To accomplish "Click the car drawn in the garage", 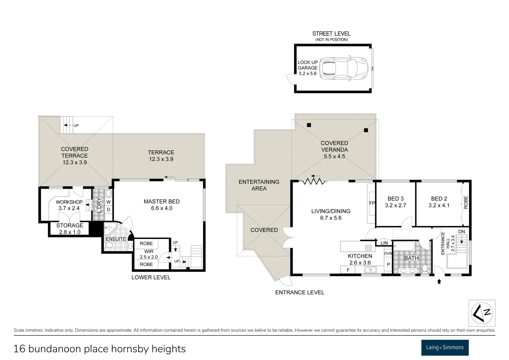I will point(344,69).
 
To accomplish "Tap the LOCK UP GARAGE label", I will point(308,68).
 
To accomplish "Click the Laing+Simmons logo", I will point(445,348).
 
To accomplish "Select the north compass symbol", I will point(482,313).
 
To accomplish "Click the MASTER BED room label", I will point(162,205).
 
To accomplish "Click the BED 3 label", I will point(395,202).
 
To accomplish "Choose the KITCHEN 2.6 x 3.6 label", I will point(360,259).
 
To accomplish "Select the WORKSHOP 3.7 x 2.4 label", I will point(69,205).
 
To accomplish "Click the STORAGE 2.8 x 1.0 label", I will point(69,229).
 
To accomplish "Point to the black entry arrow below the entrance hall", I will point(439,281).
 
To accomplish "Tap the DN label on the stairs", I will point(462,232).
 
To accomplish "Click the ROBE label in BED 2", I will point(466,202).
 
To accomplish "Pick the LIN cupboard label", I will point(384,243).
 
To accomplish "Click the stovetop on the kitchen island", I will point(368,248).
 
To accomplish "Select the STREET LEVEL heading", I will point(331,34).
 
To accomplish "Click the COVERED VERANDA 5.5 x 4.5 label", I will point(334,149).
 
